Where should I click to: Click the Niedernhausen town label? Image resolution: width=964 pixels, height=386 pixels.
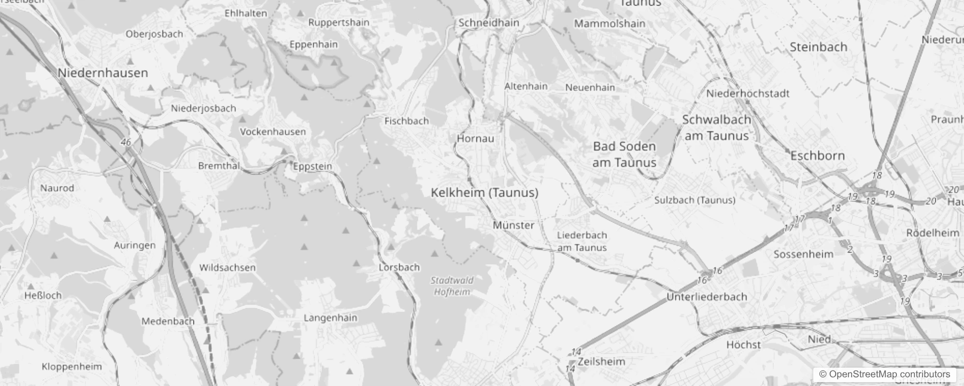click(x=102, y=73)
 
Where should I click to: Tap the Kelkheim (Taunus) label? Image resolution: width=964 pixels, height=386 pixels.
click(x=484, y=193)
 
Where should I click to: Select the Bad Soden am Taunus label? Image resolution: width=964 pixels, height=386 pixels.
click(x=624, y=154)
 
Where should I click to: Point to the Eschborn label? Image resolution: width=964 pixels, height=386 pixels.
click(x=817, y=156)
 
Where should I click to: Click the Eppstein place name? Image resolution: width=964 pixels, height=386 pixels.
click(x=312, y=166)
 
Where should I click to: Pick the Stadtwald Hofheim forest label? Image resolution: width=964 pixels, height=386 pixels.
click(x=452, y=286)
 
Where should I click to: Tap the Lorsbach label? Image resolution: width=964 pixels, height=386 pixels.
click(x=399, y=267)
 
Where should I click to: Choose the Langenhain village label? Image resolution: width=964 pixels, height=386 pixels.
click(x=330, y=317)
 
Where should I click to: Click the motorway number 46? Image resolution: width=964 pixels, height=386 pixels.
click(x=126, y=142)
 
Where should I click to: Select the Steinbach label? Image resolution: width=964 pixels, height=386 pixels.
click(x=818, y=47)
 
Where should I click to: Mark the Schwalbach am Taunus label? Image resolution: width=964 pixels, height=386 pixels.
click(x=716, y=128)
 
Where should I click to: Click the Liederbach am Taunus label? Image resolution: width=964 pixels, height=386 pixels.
click(x=581, y=241)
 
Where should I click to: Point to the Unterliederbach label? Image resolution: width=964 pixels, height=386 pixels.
click(x=707, y=297)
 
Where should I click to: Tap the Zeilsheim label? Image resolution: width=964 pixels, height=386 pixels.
click(x=601, y=361)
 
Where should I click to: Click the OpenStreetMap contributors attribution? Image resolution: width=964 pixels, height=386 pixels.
click(x=884, y=374)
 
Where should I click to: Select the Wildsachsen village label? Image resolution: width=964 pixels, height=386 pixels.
click(x=227, y=267)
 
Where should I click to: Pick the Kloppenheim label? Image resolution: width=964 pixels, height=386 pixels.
click(x=71, y=366)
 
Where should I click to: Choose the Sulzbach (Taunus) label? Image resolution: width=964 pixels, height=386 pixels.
click(x=695, y=200)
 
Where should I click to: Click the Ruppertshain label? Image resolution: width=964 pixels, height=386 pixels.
click(x=339, y=23)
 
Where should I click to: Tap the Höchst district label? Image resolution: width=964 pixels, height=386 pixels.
click(x=743, y=345)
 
